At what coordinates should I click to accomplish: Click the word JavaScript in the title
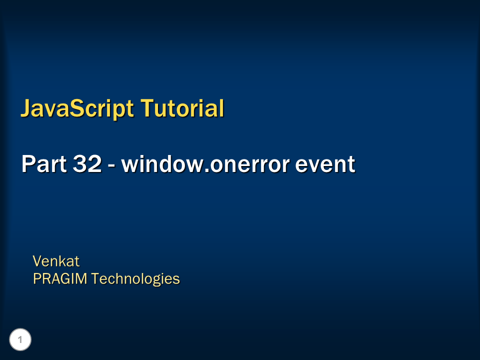77,108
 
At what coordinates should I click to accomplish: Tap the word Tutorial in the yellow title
182,108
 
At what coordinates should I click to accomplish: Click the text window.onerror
205,164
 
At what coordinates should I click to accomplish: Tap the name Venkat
56,261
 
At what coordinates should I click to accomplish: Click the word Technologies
135,278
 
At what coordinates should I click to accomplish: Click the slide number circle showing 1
20,340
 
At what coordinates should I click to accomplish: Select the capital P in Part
28,164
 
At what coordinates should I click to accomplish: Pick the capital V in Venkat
37,261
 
